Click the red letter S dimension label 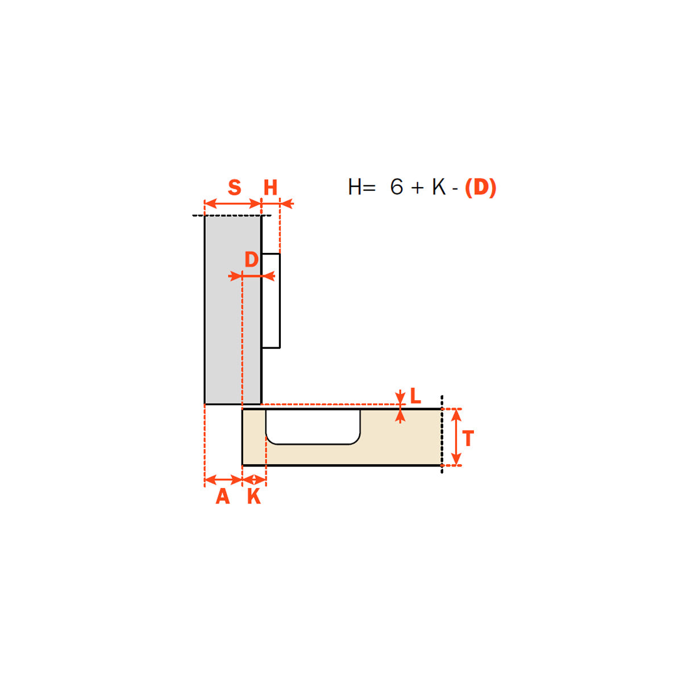click(x=234, y=187)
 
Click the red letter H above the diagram click(x=271, y=188)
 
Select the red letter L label click(x=415, y=396)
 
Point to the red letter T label click(x=468, y=439)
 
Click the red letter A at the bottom click(x=223, y=497)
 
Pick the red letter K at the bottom click(x=253, y=497)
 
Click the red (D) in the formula click(x=480, y=187)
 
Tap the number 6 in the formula click(x=396, y=186)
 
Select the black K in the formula click(x=439, y=186)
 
